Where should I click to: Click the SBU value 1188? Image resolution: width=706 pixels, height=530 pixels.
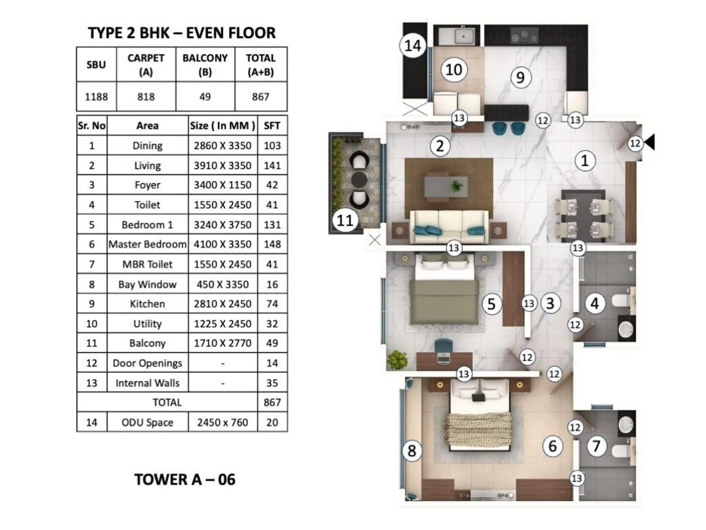96,97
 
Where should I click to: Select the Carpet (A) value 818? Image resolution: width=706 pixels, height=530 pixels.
146,97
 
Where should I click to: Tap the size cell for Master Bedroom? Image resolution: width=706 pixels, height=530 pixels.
222,244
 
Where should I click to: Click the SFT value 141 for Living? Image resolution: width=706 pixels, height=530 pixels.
272,166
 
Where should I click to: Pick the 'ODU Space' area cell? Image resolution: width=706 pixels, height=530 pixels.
147,423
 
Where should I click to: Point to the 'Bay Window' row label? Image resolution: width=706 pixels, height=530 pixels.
147,284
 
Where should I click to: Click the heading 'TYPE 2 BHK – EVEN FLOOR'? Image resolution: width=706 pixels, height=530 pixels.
181,33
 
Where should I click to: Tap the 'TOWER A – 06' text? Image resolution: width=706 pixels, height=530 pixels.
184,480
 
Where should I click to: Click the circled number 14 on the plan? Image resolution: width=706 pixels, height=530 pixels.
413,45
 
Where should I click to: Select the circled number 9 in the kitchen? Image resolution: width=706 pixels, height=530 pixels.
521,77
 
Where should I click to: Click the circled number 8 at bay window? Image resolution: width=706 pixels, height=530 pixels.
412,451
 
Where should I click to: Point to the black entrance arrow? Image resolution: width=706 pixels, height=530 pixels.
650,142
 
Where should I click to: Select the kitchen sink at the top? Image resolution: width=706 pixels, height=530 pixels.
463,36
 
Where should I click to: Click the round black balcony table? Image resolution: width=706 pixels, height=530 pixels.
359,180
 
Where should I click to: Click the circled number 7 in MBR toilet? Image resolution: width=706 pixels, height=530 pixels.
596,446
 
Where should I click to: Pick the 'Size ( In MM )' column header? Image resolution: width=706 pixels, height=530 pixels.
222,126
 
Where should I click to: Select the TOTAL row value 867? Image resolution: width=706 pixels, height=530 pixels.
272,402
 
